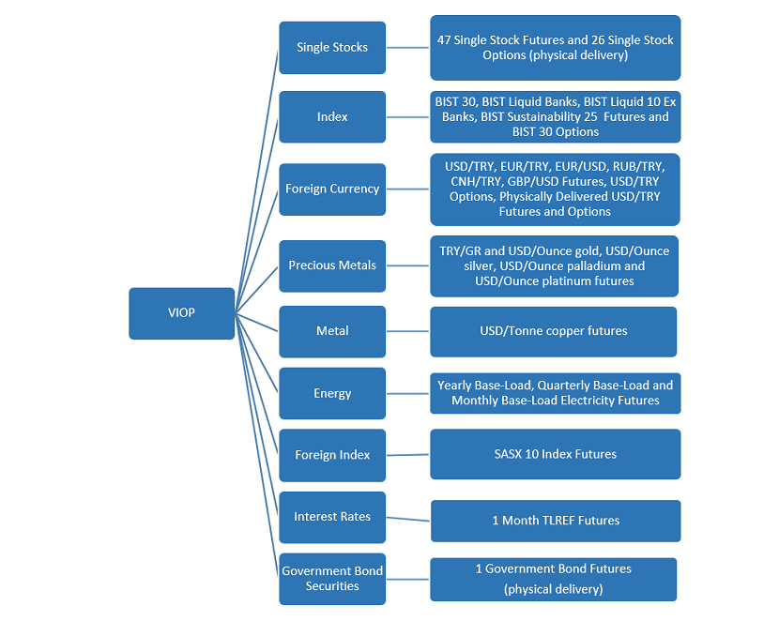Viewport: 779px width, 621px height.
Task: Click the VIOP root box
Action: pos(182,313)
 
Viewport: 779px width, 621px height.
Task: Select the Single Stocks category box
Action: pos(332,48)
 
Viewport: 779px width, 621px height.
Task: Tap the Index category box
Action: pos(332,116)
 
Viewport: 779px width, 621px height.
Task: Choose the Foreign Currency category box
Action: pos(332,189)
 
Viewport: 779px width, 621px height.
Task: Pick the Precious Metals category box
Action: pos(332,265)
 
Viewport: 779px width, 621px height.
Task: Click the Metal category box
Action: pos(332,331)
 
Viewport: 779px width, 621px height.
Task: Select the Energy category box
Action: pos(332,393)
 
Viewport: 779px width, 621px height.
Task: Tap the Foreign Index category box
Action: pos(332,455)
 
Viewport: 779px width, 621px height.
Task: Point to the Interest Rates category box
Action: pos(332,517)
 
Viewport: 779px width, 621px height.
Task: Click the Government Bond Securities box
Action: pos(332,579)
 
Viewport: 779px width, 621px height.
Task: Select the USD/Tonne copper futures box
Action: pos(554,331)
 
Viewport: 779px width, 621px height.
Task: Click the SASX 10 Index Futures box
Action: pos(556,454)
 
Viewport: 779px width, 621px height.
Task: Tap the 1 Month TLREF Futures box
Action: pos(556,521)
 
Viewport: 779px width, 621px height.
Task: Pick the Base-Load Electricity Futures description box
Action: pos(556,393)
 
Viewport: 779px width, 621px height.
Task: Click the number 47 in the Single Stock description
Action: pos(444,40)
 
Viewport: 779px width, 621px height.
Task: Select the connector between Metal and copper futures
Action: pos(408,331)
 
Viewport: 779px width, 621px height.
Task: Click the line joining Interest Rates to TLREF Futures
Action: pos(408,520)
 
